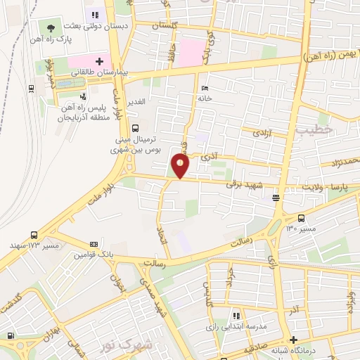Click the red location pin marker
[181, 166]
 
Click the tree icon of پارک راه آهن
[50, 29]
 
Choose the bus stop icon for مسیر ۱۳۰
[302, 218]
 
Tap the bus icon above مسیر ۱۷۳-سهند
[34, 235]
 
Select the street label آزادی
[262, 133]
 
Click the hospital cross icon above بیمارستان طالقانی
[100, 62]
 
